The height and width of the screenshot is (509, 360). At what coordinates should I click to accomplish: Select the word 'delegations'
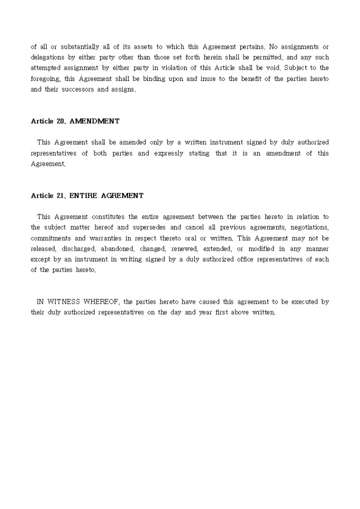coord(48,57)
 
